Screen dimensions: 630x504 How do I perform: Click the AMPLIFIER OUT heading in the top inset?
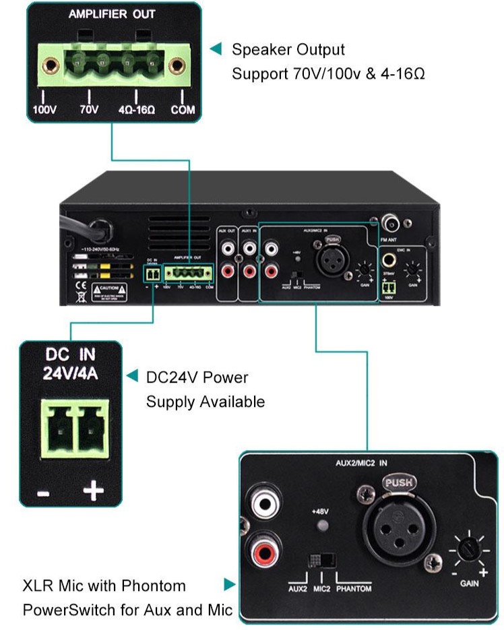pyautogui.click(x=111, y=15)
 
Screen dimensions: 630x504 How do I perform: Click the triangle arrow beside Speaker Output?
pyautogui.click(x=216, y=49)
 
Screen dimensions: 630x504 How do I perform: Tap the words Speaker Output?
pyautogui.click(x=288, y=49)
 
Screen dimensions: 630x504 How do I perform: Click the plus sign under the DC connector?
pyautogui.click(x=93, y=491)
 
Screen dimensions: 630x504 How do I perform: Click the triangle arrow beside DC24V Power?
pyautogui.click(x=132, y=376)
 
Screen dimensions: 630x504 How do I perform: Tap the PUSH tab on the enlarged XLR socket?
pyautogui.click(x=399, y=482)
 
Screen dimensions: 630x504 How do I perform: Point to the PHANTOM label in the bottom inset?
pyautogui.click(x=354, y=589)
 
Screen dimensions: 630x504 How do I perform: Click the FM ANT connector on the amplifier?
pyautogui.click(x=390, y=222)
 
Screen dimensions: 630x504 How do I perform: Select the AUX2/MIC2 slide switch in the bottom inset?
pyautogui.click(x=322, y=561)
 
